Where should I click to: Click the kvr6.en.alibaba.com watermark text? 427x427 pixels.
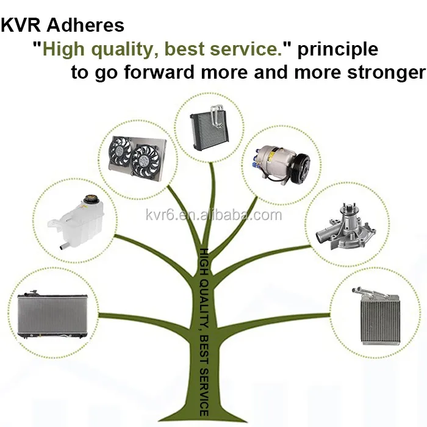[x=214, y=215]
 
